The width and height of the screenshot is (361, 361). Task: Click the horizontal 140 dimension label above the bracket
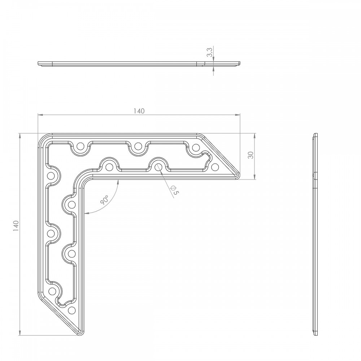pos(139,111)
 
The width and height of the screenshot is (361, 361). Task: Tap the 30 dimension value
pos(251,155)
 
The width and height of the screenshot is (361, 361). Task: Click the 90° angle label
pos(104,200)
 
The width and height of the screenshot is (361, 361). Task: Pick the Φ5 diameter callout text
pos(174,190)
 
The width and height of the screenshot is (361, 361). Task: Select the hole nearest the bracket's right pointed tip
pos(215,167)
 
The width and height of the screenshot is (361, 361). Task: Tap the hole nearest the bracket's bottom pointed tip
pos(72,310)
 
